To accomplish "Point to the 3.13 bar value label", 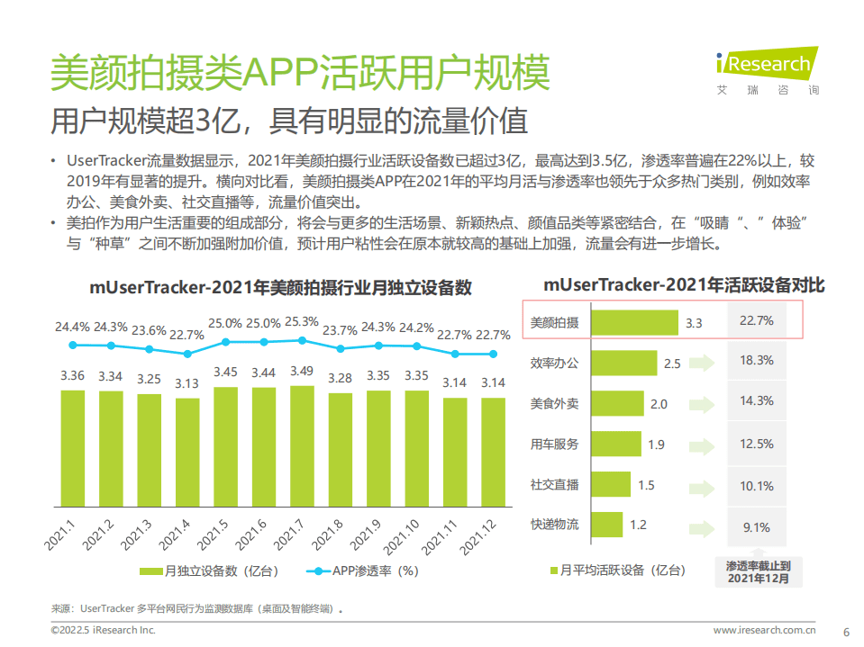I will pyautogui.click(x=187, y=383).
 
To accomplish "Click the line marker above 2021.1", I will pyautogui.click(x=73, y=345).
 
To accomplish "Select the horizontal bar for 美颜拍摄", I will pyautogui.click(x=634, y=322).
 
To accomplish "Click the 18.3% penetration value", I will pyautogui.click(x=756, y=360).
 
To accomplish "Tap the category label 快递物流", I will pyautogui.click(x=555, y=525).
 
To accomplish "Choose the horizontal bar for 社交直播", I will pyautogui.click(x=611, y=485).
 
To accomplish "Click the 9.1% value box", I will pyautogui.click(x=756, y=527).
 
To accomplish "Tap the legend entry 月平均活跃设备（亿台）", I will pyautogui.click(x=622, y=570).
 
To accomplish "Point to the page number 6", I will pyautogui.click(x=845, y=630).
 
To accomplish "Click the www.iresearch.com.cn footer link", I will pyautogui.click(x=764, y=630).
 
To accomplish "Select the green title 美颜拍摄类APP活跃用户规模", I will pyautogui.click(x=298, y=72).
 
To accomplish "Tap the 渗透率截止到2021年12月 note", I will pyautogui.click(x=757, y=572).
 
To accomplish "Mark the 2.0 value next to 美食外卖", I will pyautogui.click(x=659, y=404).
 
